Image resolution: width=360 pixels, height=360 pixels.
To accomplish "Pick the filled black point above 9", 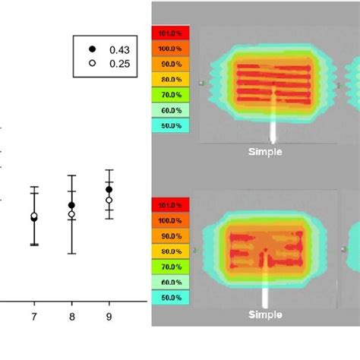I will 109,189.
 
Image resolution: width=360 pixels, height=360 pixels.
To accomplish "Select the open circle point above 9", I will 109,200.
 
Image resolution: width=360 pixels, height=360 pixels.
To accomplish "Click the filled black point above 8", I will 71,205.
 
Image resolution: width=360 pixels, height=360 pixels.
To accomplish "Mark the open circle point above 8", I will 71,214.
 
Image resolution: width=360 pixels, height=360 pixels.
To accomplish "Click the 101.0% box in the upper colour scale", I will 171,33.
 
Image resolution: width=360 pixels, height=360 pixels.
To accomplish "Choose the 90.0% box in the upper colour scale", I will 171,64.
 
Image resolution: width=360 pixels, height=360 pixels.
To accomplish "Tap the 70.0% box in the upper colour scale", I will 171,94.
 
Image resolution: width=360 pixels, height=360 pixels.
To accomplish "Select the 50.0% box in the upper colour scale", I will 171,125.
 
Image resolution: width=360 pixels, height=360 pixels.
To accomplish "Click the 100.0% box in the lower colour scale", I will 171,220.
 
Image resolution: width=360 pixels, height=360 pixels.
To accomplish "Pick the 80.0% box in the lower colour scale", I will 171,251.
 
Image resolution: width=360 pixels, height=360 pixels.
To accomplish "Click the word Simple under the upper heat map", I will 265,152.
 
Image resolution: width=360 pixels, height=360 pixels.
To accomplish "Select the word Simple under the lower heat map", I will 265,314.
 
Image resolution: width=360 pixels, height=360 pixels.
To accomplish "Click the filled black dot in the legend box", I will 92,49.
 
